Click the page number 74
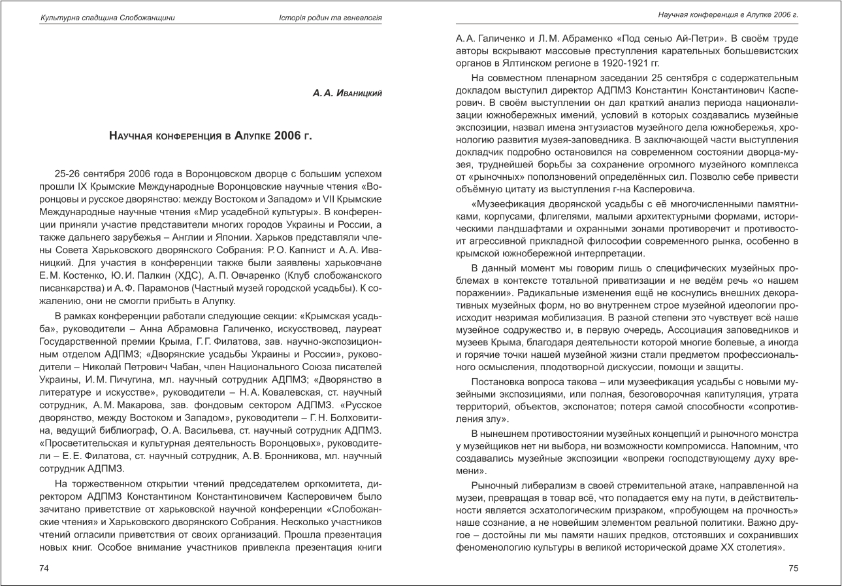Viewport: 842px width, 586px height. (44, 568)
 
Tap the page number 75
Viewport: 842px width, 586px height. (793, 568)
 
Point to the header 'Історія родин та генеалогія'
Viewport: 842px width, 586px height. (330, 18)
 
